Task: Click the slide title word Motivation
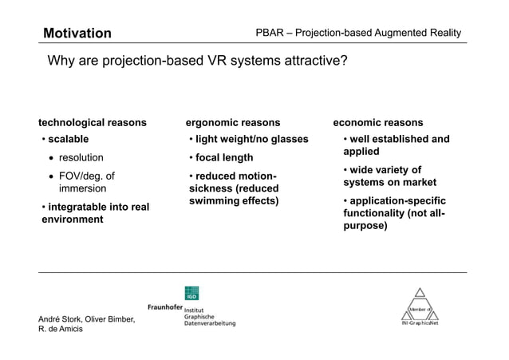tap(77, 33)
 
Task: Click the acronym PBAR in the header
tap(271, 33)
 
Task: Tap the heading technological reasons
tap(93, 122)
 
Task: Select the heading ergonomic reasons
tap(233, 122)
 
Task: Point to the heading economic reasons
tap(378, 122)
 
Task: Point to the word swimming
tap(216, 200)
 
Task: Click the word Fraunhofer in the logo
tap(165, 307)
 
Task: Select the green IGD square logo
tap(191, 293)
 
